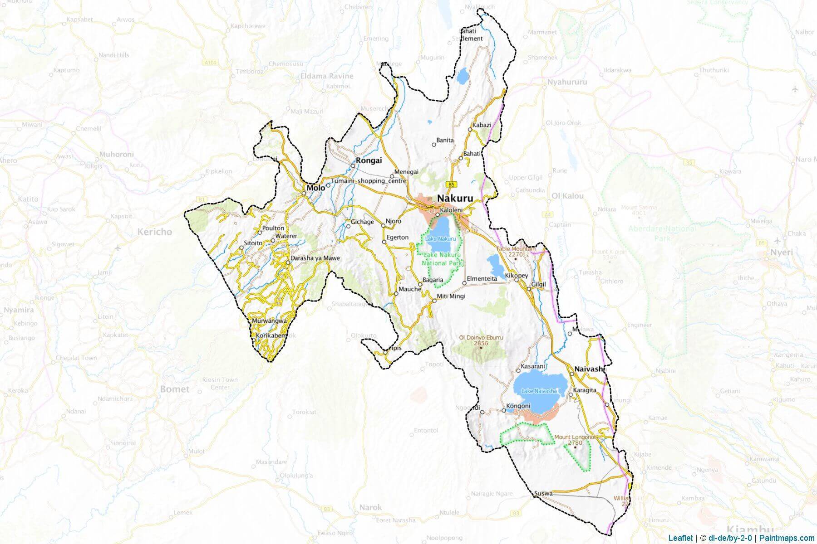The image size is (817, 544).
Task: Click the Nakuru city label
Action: click(455, 199)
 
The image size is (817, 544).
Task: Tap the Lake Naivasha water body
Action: click(540, 392)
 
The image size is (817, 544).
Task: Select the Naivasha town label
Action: click(590, 369)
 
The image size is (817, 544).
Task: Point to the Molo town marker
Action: click(304, 194)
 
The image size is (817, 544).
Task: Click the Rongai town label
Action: click(369, 160)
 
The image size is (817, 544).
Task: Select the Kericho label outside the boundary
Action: click(155, 232)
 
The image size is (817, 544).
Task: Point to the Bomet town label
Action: click(175, 389)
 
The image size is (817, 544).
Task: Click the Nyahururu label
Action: click(567, 82)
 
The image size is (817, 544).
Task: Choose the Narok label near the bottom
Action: click(370, 507)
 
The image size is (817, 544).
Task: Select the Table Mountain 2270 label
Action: click(516, 252)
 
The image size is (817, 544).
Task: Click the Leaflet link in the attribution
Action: click(680, 538)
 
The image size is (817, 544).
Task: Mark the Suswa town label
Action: click(543, 493)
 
